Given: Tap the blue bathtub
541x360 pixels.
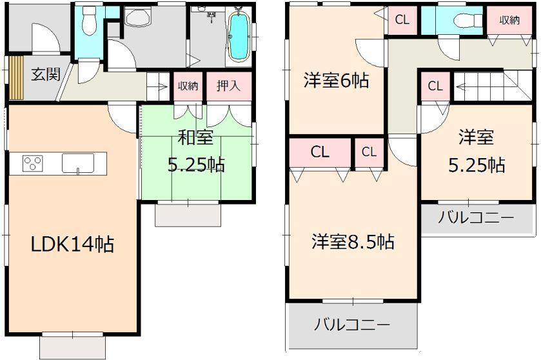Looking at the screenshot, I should (x=239, y=36).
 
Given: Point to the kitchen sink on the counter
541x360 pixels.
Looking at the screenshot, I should (x=78, y=164).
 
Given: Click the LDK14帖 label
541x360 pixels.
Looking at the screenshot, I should (x=73, y=244).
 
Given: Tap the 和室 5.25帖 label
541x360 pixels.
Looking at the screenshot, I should (x=195, y=153).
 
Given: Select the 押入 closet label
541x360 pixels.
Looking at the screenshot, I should (x=228, y=85).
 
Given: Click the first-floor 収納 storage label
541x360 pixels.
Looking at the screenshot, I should (x=188, y=85).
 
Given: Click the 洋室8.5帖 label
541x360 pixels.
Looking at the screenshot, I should (x=353, y=243).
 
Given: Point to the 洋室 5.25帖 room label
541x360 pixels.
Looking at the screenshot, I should (x=477, y=152).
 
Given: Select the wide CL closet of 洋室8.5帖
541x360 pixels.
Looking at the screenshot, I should (x=320, y=152).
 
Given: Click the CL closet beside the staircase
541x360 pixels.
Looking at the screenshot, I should (x=435, y=86).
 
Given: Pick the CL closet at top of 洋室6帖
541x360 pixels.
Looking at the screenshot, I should (x=402, y=20).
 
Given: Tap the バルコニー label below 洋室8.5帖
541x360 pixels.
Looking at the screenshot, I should (x=351, y=325).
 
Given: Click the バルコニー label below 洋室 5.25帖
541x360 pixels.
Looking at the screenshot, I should (x=476, y=217).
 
